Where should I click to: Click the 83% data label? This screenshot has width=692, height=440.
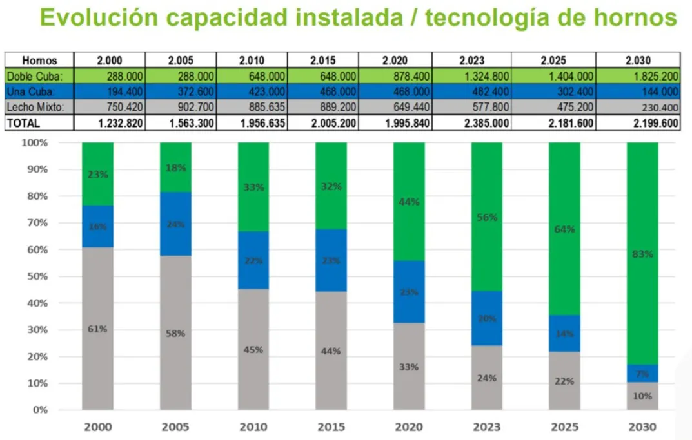pyautogui.click(x=643, y=254)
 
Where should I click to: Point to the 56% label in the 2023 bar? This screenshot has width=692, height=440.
pyautogui.click(x=487, y=218)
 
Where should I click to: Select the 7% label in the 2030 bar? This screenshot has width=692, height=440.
pyautogui.click(x=643, y=374)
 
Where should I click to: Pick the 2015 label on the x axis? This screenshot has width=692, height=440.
pyautogui.click(x=331, y=427)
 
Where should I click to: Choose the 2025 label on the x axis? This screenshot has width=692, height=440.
pyautogui.click(x=564, y=427)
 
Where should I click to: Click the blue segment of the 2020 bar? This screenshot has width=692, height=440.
pyautogui.click(x=409, y=291)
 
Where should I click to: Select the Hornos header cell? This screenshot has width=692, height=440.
pyautogui.click(x=39, y=61)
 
